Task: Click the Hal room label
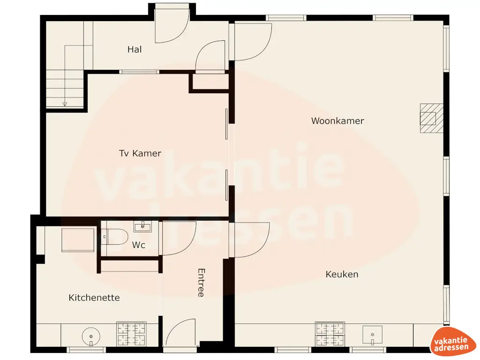click(135, 49)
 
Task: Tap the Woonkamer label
click(337, 121)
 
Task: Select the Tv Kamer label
click(140, 153)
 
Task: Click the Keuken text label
click(342, 274)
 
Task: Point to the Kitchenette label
click(94, 298)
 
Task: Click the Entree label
click(201, 283)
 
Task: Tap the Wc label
click(138, 245)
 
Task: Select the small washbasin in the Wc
click(142, 227)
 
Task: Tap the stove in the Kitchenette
click(131, 334)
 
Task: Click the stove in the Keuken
click(330, 334)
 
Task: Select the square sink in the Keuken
click(372, 335)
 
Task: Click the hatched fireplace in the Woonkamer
click(431, 118)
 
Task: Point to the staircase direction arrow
click(65, 104)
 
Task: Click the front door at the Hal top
click(172, 26)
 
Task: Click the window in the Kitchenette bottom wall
click(87, 350)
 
